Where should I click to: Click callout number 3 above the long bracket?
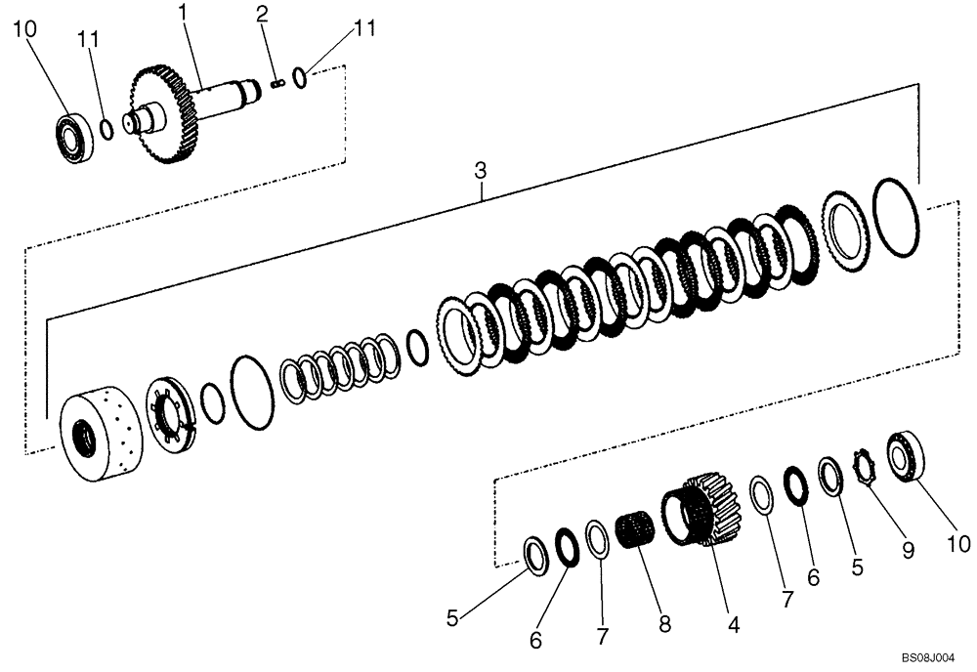coord(480,171)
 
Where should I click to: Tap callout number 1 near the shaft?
coord(183,13)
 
